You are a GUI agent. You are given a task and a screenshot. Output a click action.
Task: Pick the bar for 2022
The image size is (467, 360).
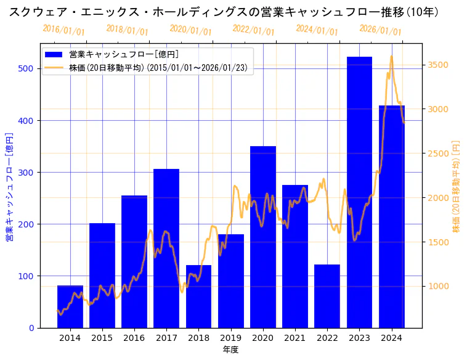327,296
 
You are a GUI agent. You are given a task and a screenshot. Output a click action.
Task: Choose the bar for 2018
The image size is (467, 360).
198,297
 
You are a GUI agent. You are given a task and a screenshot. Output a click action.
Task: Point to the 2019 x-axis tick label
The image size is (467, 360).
230,337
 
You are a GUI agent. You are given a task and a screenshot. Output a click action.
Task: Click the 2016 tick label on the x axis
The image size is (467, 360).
134,337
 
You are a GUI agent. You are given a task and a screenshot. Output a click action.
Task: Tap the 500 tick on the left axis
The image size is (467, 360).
26,68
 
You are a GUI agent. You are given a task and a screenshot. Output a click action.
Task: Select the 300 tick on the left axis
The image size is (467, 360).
26,172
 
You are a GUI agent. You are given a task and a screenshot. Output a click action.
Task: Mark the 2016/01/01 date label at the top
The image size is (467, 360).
64,30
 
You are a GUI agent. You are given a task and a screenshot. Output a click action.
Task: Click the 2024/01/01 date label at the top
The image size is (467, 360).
317,30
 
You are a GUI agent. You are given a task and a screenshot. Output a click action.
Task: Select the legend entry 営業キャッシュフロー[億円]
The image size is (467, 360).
123,55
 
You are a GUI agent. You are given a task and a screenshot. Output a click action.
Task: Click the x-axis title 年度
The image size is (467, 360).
230,350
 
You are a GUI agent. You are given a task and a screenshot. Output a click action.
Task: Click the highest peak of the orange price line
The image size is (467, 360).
391,56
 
